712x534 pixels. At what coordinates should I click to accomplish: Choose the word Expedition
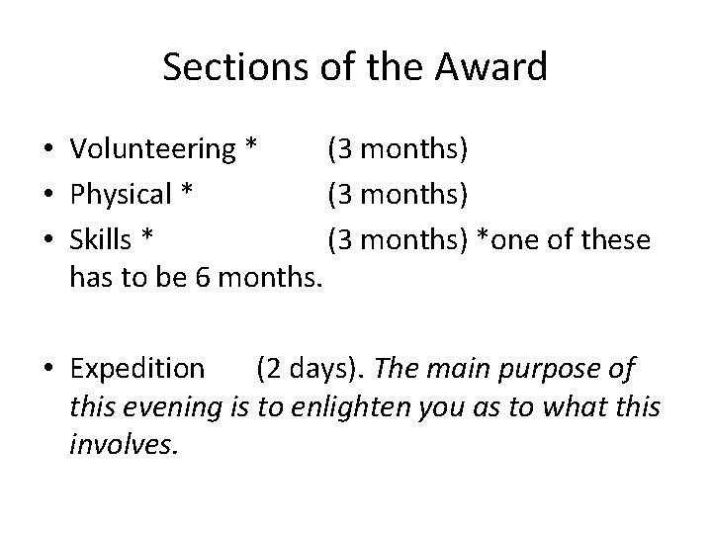(x=137, y=369)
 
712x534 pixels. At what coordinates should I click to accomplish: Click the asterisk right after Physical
(x=185, y=193)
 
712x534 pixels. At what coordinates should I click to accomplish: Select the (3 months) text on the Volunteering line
(x=399, y=149)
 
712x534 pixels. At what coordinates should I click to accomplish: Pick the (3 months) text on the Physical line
(x=399, y=195)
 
